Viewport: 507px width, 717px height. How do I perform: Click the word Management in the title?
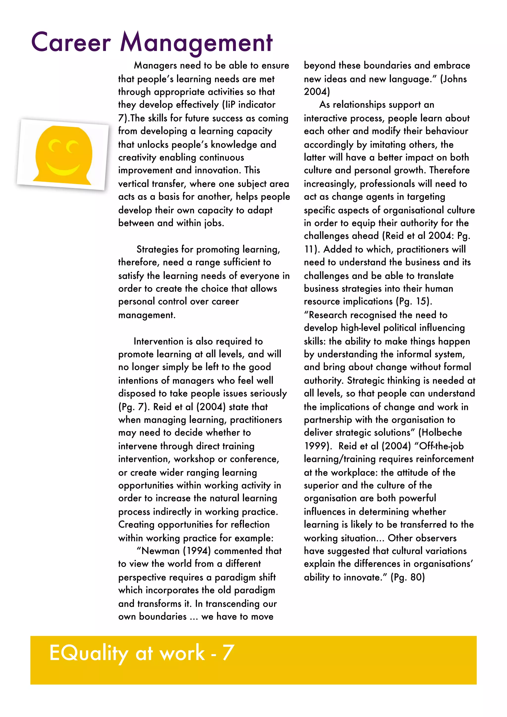(x=196, y=43)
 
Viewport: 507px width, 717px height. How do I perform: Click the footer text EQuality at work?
(x=127, y=653)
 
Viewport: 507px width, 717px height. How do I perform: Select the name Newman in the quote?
(x=160, y=551)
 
